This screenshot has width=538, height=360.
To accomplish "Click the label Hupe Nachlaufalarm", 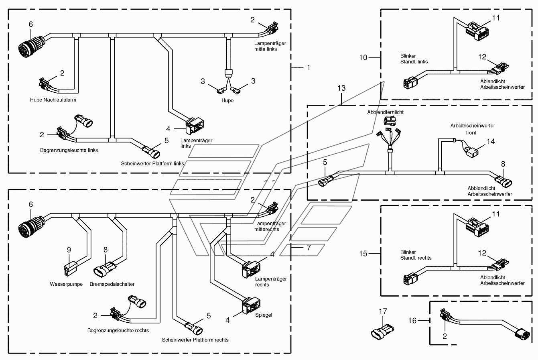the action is [x=53, y=100].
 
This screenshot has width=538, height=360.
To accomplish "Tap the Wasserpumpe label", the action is [x=66, y=284].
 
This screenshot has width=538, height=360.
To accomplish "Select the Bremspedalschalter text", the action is [x=112, y=284].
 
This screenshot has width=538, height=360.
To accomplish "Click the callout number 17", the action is [x=383, y=311].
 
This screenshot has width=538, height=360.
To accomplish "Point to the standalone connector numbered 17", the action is [x=382, y=332].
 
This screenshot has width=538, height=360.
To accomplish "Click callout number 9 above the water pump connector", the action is [x=69, y=250].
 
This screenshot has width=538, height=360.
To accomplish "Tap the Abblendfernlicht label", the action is [x=385, y=112].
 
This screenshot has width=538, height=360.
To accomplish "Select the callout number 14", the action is [x=491, y=142].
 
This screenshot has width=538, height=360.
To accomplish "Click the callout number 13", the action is [x=341, y=88].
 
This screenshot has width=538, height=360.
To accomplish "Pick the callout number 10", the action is [x=363, y=58].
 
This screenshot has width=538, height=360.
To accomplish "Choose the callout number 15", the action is [x=363, y=254].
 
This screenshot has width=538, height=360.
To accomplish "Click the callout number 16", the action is [x=412, y=321].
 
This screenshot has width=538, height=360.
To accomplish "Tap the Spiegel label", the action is [x=264, y=315].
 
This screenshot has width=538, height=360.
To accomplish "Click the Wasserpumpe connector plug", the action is [x=70, y=270].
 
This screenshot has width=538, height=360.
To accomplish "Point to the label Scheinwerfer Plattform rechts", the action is [x=195, y=340].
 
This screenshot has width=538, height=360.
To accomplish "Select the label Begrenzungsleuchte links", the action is [x=69, y=150].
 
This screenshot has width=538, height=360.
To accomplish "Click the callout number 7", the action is [x=309, y=248].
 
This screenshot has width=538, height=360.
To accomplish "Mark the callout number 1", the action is [x=309, y=68].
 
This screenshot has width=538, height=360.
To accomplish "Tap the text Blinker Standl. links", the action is [x=414, y=59].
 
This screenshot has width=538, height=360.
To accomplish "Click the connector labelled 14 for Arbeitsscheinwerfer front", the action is [x=471, y=153].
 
